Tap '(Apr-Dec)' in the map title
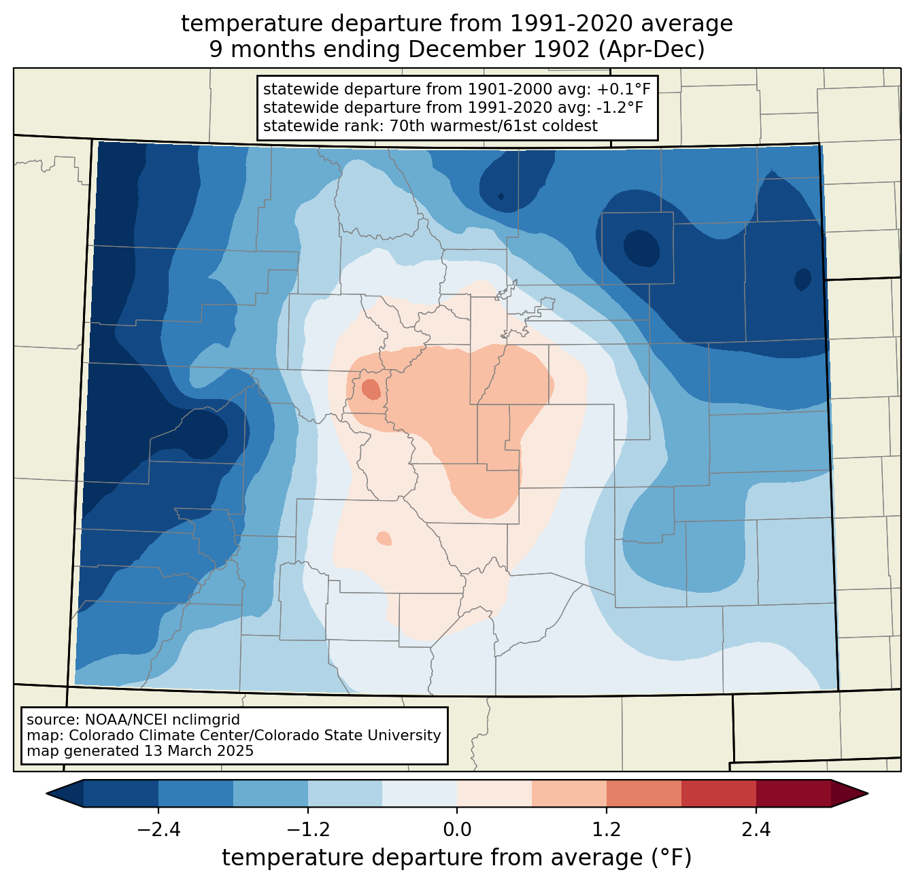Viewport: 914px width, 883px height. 651,50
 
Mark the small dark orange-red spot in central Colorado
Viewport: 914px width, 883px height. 371,389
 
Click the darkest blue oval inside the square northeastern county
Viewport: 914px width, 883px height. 641,248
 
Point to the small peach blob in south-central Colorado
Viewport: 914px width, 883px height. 384,538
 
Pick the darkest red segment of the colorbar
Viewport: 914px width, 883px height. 794,794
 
